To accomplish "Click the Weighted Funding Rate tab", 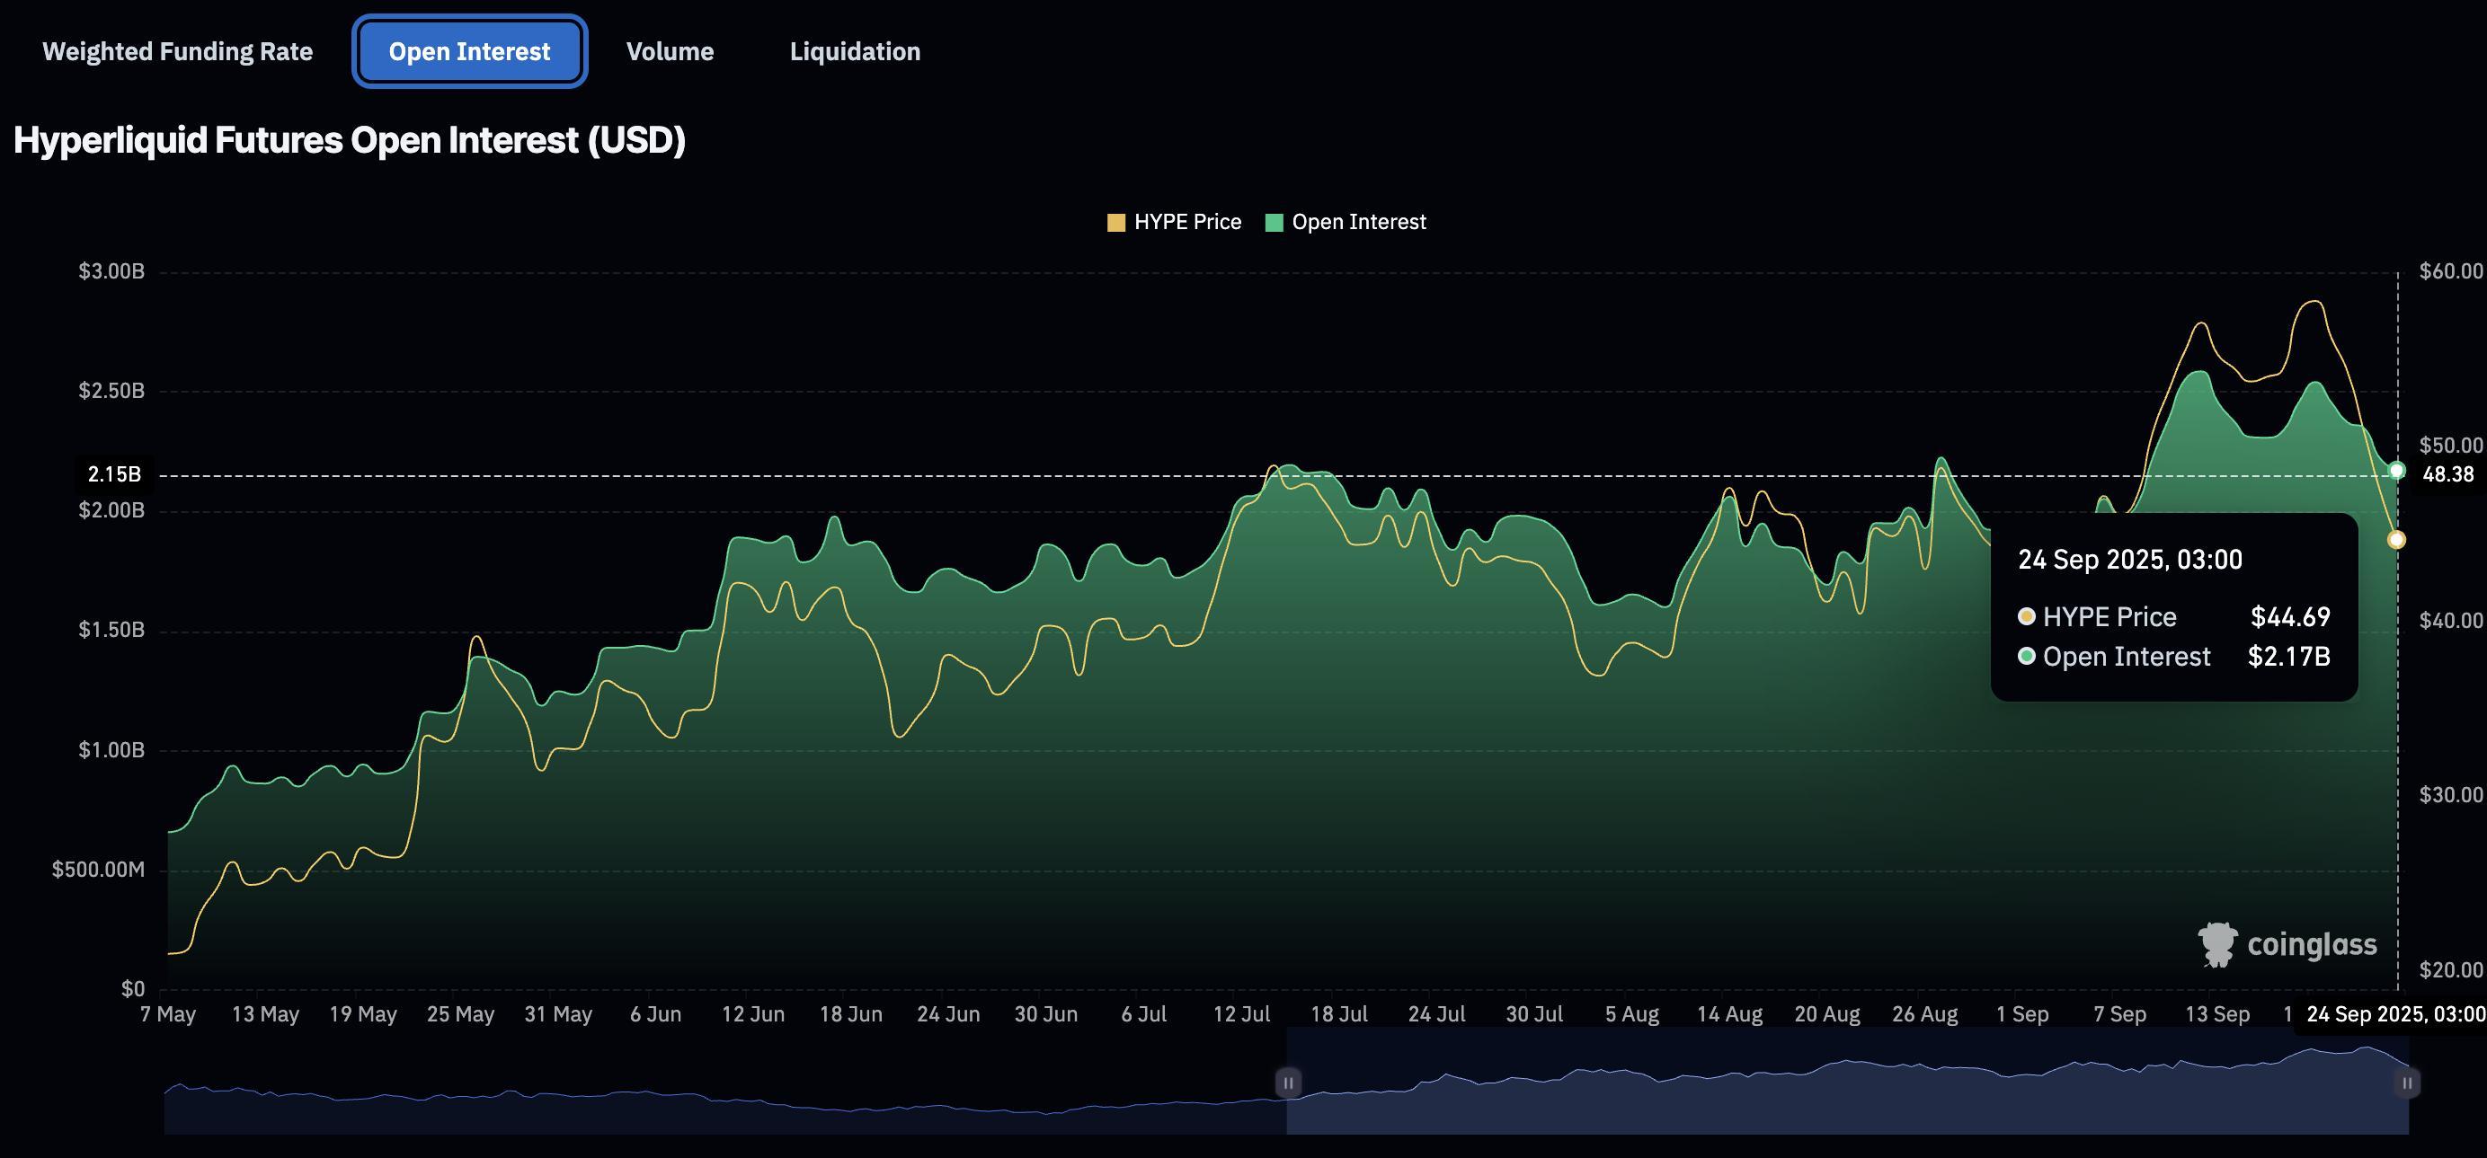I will point(178,51).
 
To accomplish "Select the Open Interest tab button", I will point(469,51).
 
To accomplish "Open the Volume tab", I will point(670,51).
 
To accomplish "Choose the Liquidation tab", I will point(855,51).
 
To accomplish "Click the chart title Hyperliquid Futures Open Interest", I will point(350,141).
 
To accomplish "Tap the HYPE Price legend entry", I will point(1174,222).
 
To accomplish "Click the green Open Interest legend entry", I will point(1346,222).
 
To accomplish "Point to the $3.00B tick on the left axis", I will point(112,271).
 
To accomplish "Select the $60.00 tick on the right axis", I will point(2450,271).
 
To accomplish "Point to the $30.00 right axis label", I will point(2450,795).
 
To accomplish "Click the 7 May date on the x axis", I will point(168,1014).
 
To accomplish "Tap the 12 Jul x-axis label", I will point(1241,1014).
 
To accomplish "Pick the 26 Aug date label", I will point(1925,1014).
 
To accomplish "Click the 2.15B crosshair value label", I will point(114,474).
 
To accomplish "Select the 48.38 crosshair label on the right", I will point(2448,474).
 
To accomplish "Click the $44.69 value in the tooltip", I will point(2290,616).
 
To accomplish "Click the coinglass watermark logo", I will point(2287,945).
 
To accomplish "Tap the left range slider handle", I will point(1288,1083).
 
